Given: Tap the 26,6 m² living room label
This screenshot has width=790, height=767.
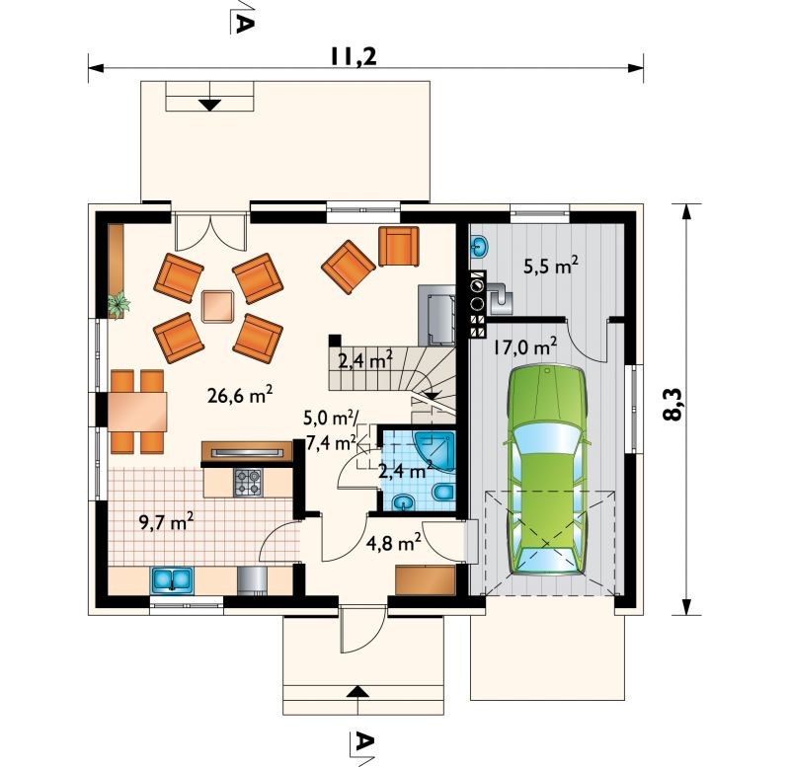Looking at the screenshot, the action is tap(240, 394).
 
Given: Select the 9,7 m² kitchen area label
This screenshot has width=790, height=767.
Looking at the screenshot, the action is tap(167, 522).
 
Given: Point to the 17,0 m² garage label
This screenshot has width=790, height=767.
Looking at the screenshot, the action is tap(525, 346).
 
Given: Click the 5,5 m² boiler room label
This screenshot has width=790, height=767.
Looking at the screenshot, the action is tap(551, 265).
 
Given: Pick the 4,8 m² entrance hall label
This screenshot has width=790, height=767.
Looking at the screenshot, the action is tap(393, 543).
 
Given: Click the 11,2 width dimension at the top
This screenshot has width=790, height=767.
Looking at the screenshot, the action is tap(354, 57).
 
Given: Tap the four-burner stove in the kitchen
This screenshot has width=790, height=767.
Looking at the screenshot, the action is tap(248, 482).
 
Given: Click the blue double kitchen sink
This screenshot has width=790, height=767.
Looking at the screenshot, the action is tap(171, 579).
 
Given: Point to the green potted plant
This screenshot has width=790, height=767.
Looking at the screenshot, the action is tap(118, 304).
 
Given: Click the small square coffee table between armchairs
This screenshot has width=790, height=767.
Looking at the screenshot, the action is tap(217, 306).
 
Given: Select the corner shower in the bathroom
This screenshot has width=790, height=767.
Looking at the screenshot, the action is tap(434, 451).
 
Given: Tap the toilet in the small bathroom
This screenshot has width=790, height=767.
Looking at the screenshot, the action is tap(443, 492).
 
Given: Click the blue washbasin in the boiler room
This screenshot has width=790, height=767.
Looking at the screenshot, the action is tap(479, 246).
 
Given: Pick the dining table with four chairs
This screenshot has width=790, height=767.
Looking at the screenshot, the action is tap(137, 412).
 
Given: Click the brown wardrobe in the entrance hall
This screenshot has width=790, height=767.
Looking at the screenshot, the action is tap(426, 580).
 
